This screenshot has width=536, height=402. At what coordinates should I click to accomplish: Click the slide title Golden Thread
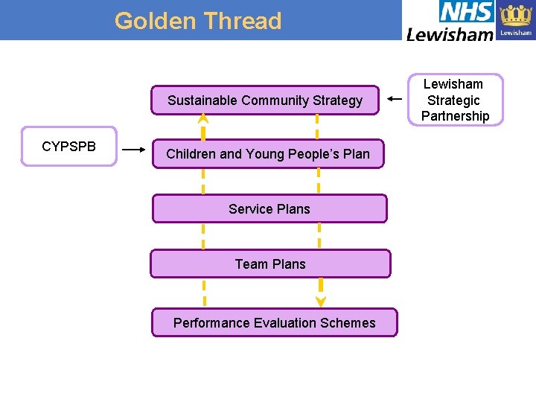[198, 21]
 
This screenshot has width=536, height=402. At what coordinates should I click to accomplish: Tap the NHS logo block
[466, 12]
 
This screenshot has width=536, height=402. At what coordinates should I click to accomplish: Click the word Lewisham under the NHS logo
[450, 33]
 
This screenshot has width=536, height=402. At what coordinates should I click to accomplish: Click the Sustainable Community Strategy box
[265, 100]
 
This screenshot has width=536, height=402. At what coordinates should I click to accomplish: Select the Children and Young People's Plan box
[267, 154]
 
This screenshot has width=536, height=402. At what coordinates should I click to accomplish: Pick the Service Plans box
[269, 209]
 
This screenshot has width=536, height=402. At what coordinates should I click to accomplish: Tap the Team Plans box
[270, 264]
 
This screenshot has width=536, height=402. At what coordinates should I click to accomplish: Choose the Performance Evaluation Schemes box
[274, 323]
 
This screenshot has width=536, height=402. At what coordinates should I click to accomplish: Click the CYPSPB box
[68, 147]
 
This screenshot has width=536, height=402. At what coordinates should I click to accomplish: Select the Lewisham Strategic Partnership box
[455, 100]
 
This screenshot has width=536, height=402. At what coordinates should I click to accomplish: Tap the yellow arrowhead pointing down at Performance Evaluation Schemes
[321, 301]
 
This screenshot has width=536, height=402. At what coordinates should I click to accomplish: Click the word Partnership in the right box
[455, 116]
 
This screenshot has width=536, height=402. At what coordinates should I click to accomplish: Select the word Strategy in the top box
[337, 100]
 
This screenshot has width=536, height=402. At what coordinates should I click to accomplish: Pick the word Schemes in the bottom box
[349, 323]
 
